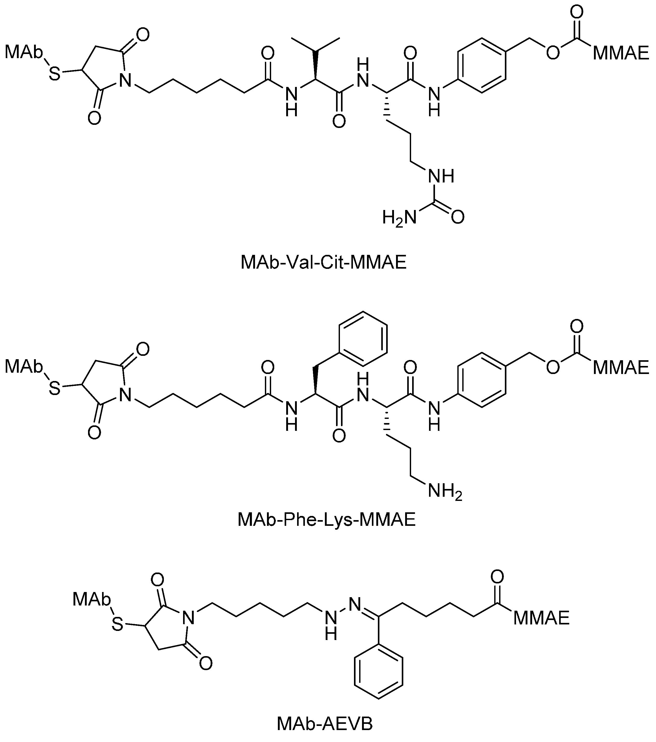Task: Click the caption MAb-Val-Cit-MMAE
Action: [323, 262]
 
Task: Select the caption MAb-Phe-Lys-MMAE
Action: [326, 520]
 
